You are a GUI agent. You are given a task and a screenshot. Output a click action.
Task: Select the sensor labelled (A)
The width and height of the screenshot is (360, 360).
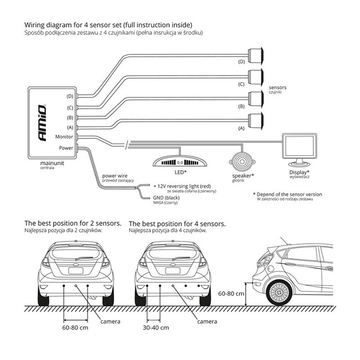pyautogui.click(x=255, y=119)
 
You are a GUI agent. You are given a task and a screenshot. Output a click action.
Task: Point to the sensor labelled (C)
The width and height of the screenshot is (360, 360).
pyautogui.click(x=255, y=77)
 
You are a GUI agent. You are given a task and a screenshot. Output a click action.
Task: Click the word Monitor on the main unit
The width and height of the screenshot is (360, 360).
pyautogui.click(x=65, y=136)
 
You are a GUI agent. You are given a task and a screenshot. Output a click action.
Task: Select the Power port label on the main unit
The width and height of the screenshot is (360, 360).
pyautogui.click(x=66, y=147)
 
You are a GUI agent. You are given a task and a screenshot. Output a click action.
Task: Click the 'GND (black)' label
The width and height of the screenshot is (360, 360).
pyautogui.click(x=166, y=199)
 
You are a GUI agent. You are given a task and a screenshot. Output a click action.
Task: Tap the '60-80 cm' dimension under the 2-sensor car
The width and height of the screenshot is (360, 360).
pyautogui.click(x=75, y=328)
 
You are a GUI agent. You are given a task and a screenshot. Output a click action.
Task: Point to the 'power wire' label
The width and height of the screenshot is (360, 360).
pyautogui.click(x=115, y=176)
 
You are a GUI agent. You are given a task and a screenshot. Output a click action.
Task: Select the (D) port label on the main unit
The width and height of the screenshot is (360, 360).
pyautogui.click(x=69, y=96)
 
